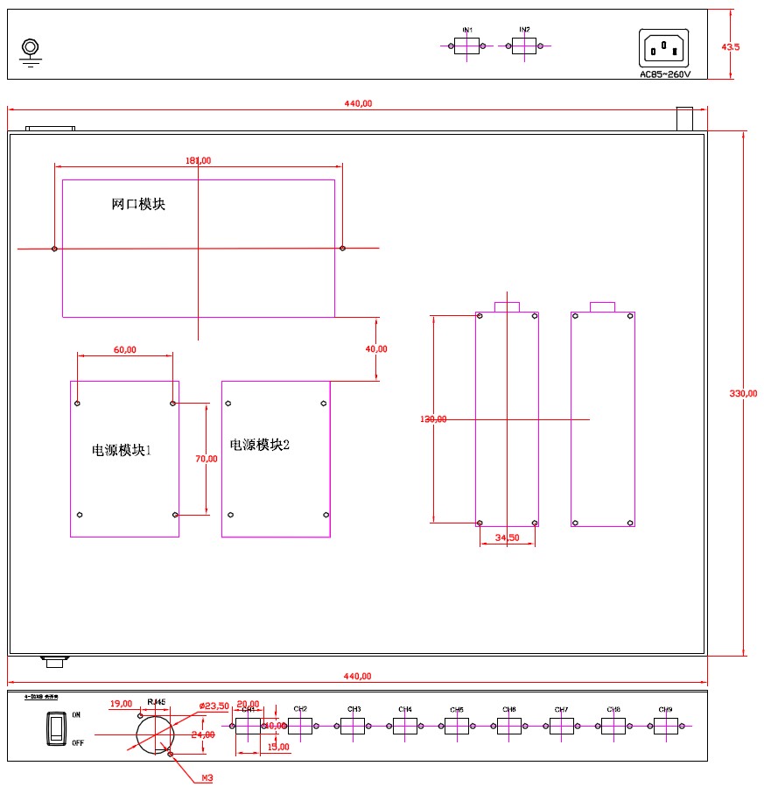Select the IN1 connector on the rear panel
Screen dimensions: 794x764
click(466, 46)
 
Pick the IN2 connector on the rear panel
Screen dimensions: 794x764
click(523, 46)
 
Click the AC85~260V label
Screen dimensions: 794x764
click(665, 74)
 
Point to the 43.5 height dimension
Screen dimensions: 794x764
click(731, 47)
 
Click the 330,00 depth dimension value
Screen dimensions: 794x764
click(744, 393)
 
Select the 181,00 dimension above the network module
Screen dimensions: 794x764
click(199, 160)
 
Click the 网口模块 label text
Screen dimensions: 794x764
click(138, 205)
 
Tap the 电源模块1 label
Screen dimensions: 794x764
click(122, 451)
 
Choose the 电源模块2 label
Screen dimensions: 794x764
click(259, 446)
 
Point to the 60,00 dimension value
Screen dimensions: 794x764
click(125, 350)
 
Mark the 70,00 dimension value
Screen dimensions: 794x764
click(207, 458)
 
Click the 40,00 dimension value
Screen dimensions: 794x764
click(376, 348)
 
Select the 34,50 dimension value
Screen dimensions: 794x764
click(508, 538)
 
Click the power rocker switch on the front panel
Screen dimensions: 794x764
click(56, 728)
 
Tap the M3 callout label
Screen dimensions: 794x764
click(207, 777)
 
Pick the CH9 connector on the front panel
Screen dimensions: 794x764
click(665, 726)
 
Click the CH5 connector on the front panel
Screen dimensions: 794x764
click(457, 726)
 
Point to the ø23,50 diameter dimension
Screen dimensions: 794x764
click(214, 706)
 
